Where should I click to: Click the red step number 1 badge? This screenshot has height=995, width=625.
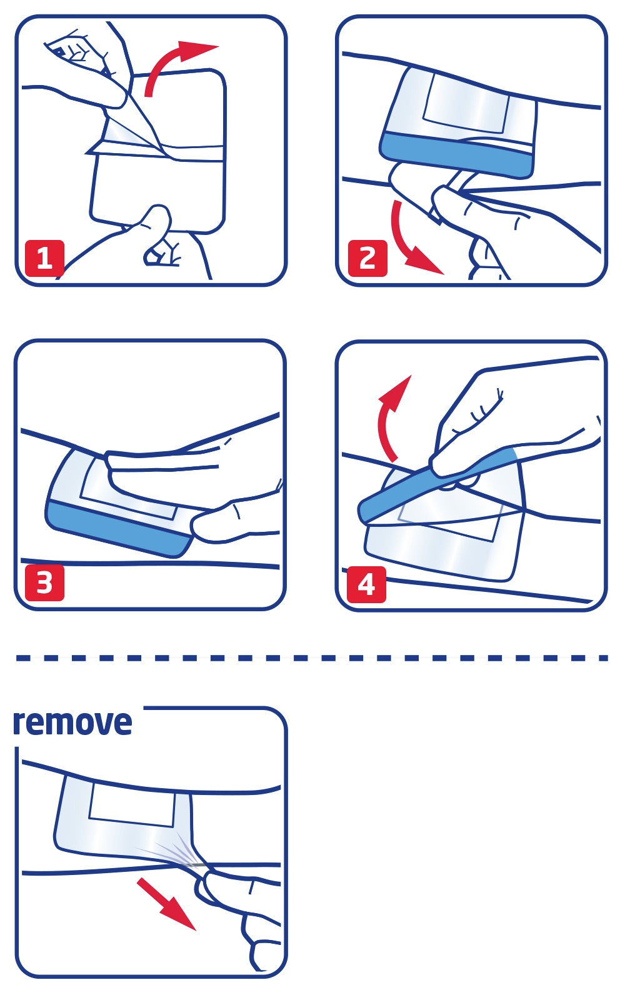(x=44, y=258)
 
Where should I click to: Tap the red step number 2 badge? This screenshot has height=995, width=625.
(x=367, y=258)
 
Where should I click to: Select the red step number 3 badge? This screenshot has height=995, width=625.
(x=44, y=582)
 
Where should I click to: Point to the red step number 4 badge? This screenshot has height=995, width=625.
(x=366, y=584)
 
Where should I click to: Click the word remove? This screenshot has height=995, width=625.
(x=72, y=723)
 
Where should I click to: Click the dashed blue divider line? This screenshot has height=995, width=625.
(x=312, y=657)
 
